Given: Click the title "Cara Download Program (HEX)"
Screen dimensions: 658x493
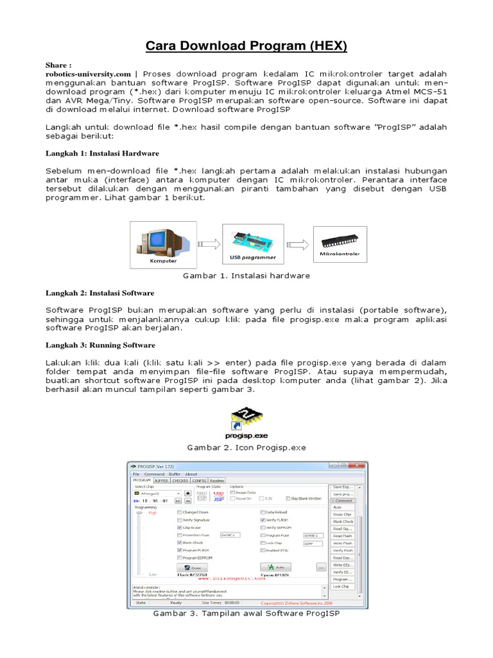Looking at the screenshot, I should point(246,46).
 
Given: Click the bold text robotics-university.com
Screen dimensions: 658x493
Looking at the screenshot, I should point(88,74).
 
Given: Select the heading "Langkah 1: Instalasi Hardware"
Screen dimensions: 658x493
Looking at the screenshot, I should point(102,154).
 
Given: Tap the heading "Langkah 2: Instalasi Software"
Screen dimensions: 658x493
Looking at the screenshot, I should point(99,293).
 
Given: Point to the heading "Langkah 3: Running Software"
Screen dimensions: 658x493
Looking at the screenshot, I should point(99,345).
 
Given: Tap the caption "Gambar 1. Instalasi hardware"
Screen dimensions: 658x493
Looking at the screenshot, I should point(246,276).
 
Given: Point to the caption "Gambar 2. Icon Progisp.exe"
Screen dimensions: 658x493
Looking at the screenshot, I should point(246,447).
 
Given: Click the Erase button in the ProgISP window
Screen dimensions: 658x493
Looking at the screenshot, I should point(193,567).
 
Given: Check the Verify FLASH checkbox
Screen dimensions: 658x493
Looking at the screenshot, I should point(263,519).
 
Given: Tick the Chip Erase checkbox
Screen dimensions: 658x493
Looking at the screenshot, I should point(180,527).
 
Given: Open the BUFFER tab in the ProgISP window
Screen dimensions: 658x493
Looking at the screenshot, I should point(161,480).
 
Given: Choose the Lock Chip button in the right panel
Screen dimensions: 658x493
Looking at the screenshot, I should point(342,586).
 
